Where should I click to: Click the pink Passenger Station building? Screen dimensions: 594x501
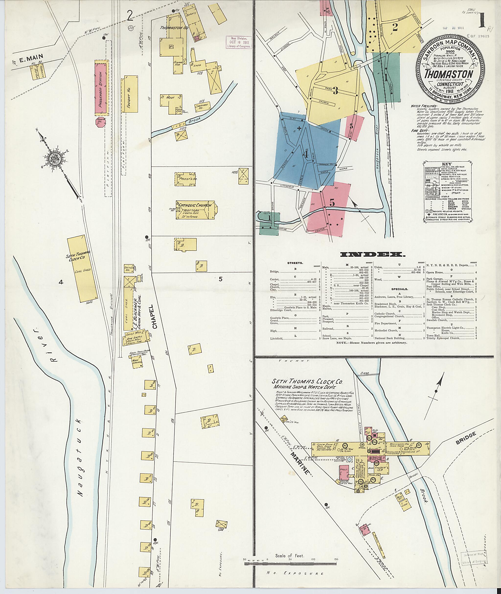point(102,89)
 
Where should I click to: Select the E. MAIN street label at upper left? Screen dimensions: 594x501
point(29,61)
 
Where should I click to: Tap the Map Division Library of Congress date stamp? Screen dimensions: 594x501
point(239,43)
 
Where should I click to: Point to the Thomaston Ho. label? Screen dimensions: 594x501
point(174,28)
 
